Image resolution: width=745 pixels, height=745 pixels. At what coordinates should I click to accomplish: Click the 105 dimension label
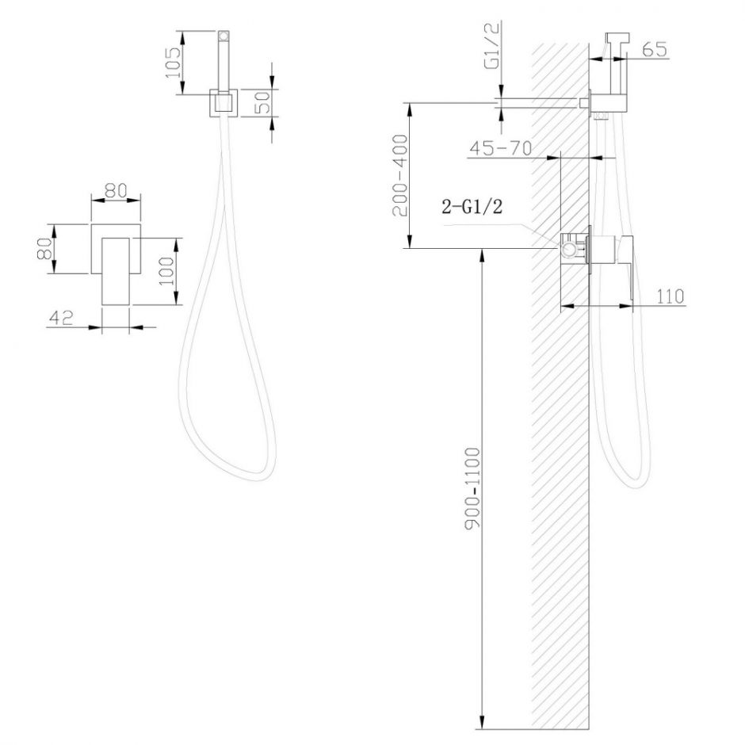[x=173, y=63]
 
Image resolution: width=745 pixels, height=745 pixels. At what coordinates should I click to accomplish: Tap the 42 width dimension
[x=61, y=317]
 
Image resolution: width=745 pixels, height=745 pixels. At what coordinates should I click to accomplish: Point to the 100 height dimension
[x=166, y=271]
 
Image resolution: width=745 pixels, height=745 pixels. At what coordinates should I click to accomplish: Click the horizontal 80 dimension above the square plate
[x=116, y=190]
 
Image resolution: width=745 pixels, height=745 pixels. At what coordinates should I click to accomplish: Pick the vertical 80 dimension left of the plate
[x=44, y=249]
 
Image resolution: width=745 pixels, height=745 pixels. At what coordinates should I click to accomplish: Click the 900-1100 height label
[x=472, y=487]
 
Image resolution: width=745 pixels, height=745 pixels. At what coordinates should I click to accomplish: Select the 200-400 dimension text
[x=400, y=175]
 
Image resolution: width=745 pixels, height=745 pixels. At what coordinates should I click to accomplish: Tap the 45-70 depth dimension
[x=500, y=148]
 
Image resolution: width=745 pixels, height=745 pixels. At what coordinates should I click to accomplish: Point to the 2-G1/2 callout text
[x=472, y=207]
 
